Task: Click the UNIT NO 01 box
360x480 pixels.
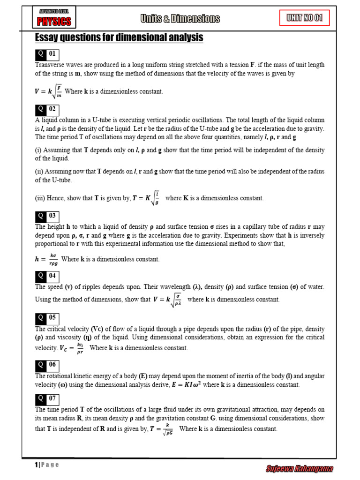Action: coord(305,18)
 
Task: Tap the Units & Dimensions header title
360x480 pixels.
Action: coord(180,19)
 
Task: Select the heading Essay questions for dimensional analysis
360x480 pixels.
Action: coord(119,37)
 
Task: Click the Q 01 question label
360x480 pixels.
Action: coord(48,54)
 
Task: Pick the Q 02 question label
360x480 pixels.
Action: coord(48,109)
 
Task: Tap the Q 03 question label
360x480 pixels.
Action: coord(48,216)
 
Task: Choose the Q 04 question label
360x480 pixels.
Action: coord(48,276)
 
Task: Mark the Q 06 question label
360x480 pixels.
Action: coord(48,365)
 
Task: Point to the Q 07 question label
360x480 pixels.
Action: coord(48,399)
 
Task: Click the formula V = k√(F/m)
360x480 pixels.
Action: coord(48,91)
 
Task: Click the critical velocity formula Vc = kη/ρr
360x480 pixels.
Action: coord(71,348)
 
